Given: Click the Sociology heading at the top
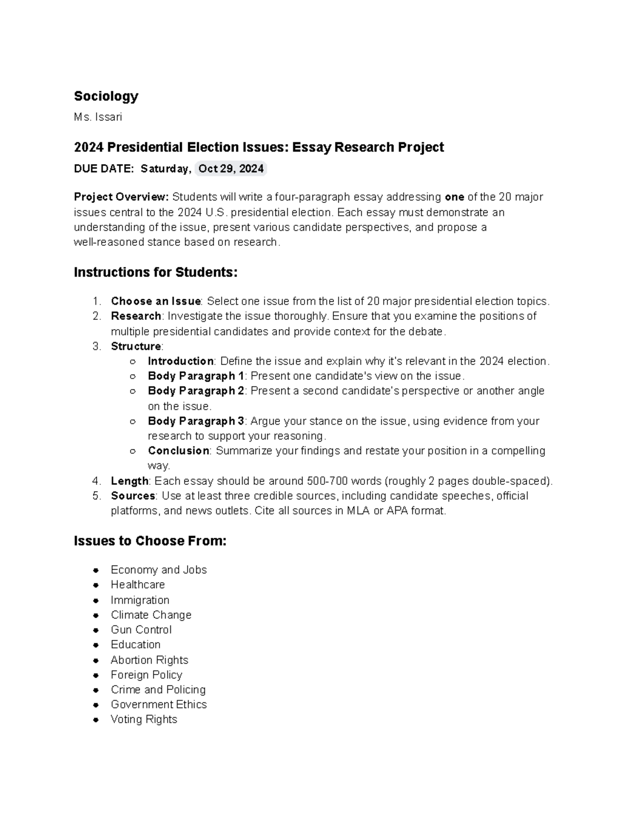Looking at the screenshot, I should [106, 96].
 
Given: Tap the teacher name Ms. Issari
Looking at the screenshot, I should [97, 117].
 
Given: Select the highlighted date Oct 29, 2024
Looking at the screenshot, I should [231, 169].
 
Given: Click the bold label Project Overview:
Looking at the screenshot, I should [121, 197].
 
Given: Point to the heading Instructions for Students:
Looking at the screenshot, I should [156, 273].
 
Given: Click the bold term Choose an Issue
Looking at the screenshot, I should [156, 301].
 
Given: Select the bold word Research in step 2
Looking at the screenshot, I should [136, 316].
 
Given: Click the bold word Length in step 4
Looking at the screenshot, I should [129, 481].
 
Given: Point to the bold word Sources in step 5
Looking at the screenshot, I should [133, 496].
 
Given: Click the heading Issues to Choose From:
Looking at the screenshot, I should [150, 541].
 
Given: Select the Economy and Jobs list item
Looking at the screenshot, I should [158, 570].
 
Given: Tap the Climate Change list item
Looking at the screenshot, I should [151, 615].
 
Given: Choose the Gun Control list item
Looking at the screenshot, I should [141, 630].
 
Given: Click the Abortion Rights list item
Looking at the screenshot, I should [149, 660].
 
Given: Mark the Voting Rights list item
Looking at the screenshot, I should [144, 719].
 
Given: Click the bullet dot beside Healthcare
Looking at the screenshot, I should [96, 585].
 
